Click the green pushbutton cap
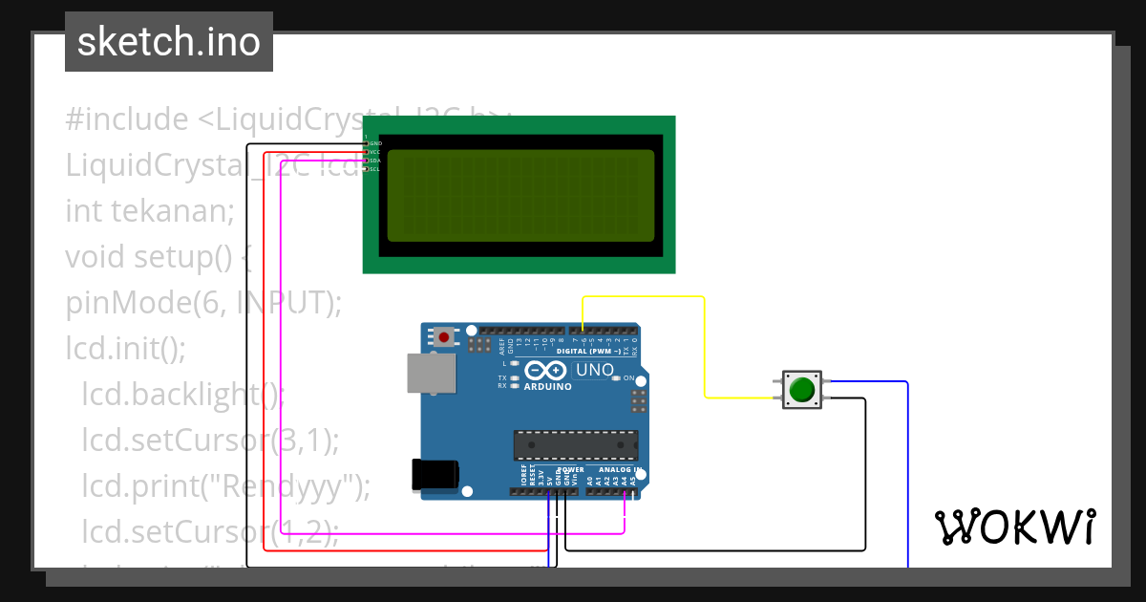point(801,390)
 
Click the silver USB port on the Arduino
point(431,373)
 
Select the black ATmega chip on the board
point(575,445)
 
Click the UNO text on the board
point(593,369)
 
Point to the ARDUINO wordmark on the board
point(547,387)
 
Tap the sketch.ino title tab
point(169,42)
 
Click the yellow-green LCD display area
point(520,196)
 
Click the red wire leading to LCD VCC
point(264,382)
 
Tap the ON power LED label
point(629,378)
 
